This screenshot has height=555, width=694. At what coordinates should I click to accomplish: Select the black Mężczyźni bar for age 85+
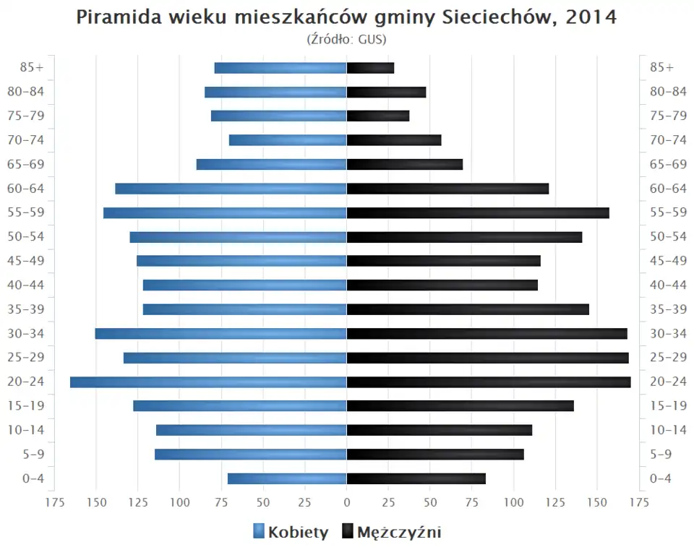pos(370,68)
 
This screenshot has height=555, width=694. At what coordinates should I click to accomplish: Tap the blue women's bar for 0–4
pos(287,478)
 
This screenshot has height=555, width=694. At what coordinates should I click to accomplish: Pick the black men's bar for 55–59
pos(478,212)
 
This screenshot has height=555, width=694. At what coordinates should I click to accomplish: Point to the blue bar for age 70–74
pos(288,140)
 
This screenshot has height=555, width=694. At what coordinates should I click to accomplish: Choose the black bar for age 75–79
pos(378,116)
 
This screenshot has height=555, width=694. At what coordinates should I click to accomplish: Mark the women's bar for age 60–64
pos(231,189)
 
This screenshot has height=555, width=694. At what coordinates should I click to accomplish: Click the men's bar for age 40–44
pos(442,285)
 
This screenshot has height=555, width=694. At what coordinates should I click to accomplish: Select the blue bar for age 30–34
pos(220,333)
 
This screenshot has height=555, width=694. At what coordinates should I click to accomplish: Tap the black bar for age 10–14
pos(440,430)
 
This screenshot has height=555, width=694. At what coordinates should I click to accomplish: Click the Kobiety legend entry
pos(291,533)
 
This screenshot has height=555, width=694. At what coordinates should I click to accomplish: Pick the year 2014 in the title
pos(591,17)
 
